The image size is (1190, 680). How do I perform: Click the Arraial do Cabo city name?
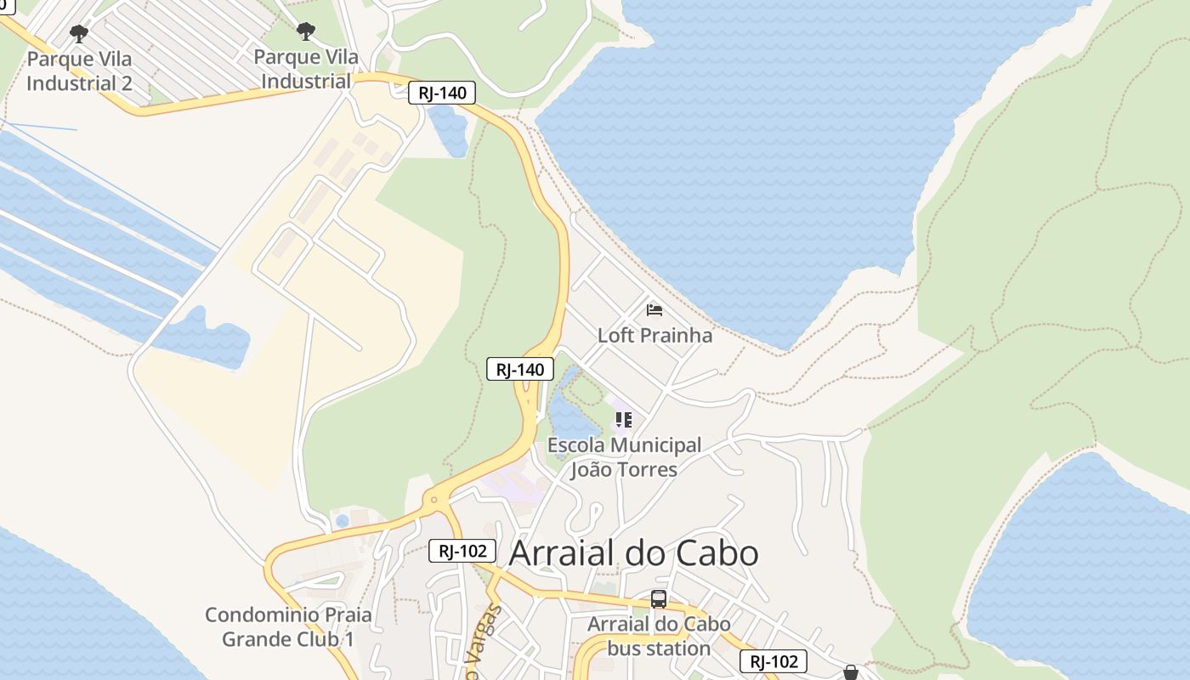[633, 553]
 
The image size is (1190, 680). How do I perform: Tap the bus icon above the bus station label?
[659, 599]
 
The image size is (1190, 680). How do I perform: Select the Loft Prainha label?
[654, 335]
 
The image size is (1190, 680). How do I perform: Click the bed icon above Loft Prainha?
[654, 310]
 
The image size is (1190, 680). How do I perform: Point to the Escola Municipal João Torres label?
[624, 457]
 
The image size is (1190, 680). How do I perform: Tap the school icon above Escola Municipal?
[624, 420]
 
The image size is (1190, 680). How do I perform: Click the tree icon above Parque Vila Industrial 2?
[79, 34]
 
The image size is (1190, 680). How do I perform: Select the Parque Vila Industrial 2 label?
[79, 71]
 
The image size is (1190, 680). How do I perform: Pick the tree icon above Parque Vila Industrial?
[306, 32]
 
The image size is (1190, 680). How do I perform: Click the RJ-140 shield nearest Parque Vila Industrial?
[442, 93]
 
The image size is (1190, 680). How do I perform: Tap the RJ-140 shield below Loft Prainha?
[520, 369]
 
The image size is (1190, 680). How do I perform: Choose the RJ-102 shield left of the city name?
[462, 551]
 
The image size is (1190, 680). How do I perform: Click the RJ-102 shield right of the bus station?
[773, 661]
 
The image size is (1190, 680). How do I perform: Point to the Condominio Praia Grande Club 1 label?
[288, 626]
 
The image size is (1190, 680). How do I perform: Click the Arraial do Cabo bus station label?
[659, 636]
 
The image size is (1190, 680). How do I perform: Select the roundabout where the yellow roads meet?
[435, 501]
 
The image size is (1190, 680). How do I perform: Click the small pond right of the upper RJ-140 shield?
[448, 130]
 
